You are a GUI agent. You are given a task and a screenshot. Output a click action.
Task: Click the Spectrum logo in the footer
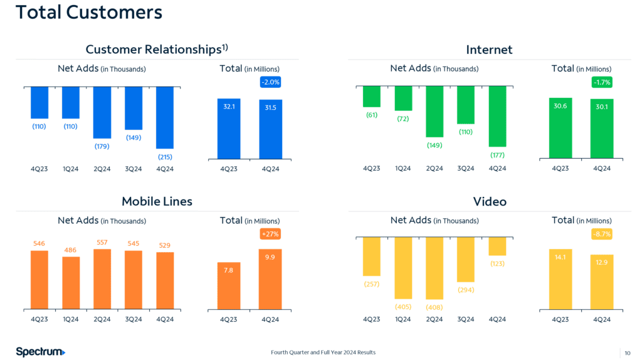pyautogui.click(x=40, y=352)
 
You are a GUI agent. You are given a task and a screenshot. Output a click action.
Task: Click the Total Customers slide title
pyautogui.click(x=89, y=13)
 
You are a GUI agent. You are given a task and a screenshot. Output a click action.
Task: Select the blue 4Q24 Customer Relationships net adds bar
pyautogui.click(x=165, y=117)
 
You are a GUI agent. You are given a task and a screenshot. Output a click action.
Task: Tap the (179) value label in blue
pyautogui.click(x=102, y=146)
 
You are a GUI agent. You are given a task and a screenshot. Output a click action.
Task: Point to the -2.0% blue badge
pyautogui.click(x=270, y=82)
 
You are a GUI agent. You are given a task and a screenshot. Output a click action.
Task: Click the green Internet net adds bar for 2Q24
pyautogui.click(x=434, y=112)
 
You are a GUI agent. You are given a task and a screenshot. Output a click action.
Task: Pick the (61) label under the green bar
pyautogui.click(x=372, y=115)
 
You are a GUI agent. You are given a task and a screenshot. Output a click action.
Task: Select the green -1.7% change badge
pyautogui.click(x=602, y=82)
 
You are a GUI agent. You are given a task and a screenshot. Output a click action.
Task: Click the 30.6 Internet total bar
pyautogui.click(x=560, y=128)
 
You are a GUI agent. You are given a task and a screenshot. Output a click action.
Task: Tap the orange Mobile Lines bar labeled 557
pyautogui.click(x=102, y=279)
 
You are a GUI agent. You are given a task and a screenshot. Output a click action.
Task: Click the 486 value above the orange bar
pyautogui.click(x=70, y=250)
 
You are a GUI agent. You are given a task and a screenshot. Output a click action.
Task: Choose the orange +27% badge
pyautogui.click(x=270, y=234)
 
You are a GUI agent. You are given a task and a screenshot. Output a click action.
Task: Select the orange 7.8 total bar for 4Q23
pyautogui.click(x=228, y=286)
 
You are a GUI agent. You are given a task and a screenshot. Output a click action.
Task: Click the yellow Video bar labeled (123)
pyautogui.click(x=497, y=246)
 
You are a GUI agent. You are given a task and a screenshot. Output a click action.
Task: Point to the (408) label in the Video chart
pyautogui.click(x=434, y=307)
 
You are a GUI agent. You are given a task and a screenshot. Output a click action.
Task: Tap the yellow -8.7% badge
pyautogui.click(x=602, y=234)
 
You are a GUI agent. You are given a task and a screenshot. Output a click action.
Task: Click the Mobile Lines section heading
pyautogui.click(x=157, y=201)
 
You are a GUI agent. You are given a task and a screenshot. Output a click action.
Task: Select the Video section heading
pyautogui.click(x=490, y=201)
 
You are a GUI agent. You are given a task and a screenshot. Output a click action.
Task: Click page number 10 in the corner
pyautogui.click(x=627, y=352)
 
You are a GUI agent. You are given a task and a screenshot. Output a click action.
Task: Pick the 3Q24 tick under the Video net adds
pyautogui.click(x=466, y=319)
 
